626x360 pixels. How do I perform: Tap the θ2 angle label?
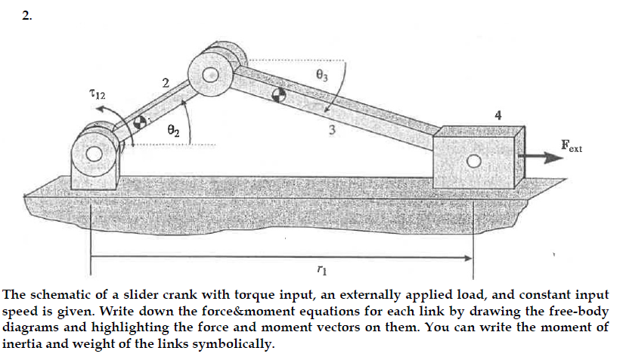tap(173, 132)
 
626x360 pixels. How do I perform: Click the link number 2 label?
tap(165, 81)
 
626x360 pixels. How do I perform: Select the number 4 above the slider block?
tap(497, 115)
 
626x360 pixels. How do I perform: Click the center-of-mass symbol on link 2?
tap(140, 122)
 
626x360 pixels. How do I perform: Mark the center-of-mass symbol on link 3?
tap(278, 94)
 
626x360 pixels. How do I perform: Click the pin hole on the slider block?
tap(473, 162)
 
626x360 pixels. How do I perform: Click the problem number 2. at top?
tap(26, 17)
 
